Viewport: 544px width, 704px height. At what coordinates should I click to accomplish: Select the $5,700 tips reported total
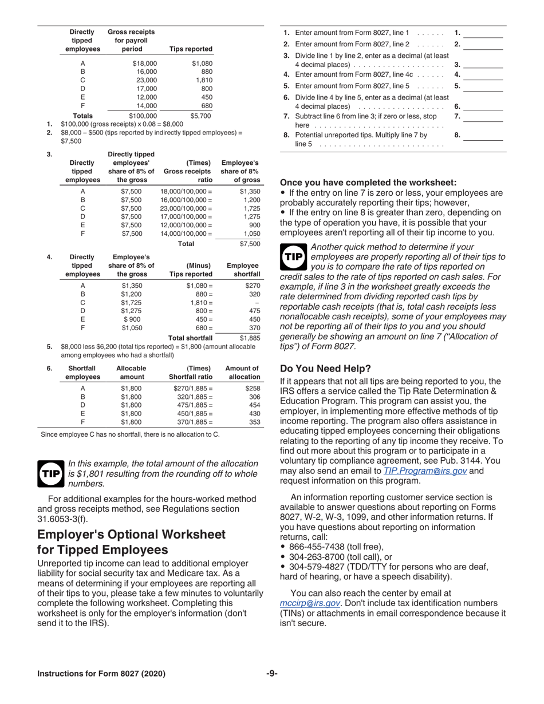(x=200, y=116)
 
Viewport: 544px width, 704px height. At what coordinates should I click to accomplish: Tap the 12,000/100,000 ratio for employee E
(x=186, y=226)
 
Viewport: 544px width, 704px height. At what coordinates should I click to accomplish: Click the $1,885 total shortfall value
(x=250, y=338)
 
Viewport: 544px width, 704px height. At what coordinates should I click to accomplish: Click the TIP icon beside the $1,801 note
(x=51, y=473)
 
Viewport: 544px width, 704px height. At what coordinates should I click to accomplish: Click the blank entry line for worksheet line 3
(x=482, y=65)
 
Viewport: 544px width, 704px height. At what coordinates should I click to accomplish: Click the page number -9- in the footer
(x=272, y=674)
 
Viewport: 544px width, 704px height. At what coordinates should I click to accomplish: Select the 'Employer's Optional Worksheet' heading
(x=132, y=542)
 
